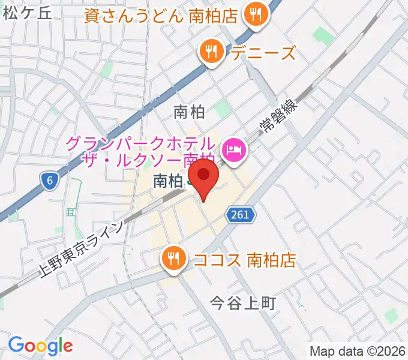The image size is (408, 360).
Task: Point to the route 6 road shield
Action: [x=49, y=179]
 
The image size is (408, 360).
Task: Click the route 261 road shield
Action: [x=241, y=214]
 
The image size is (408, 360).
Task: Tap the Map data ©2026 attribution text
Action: [x=358, y=351]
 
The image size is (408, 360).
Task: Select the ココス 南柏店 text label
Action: [x=245, y=260]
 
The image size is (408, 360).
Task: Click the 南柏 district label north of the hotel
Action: [x=189, y=112]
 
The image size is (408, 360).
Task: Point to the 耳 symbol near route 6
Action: [x=71, y=211]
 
